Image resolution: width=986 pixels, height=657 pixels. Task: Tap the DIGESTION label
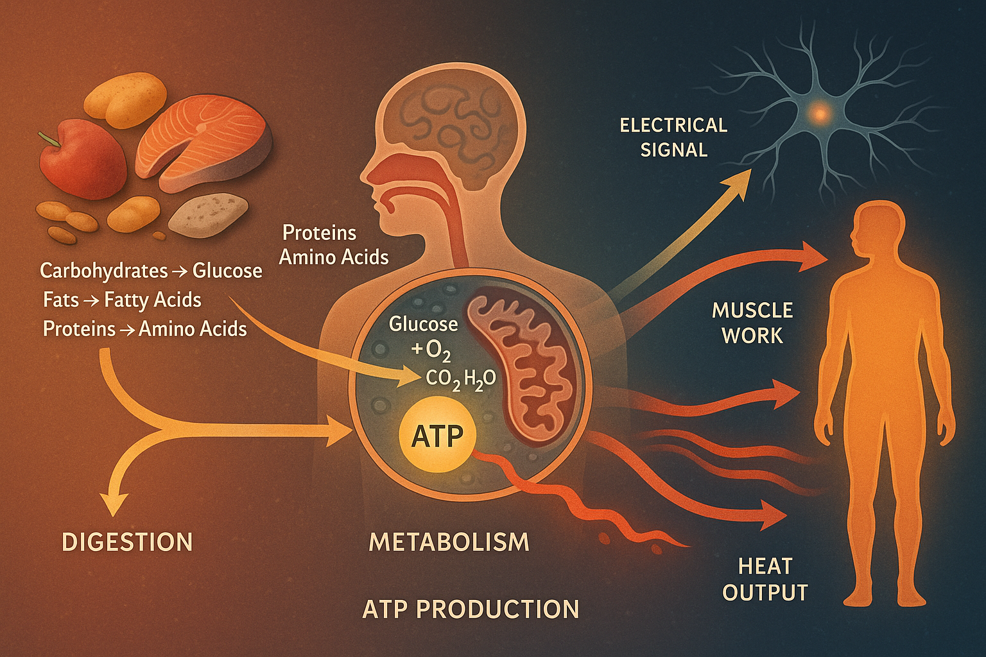tap(127, 542)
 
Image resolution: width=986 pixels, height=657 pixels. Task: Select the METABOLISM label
tap(449, 542)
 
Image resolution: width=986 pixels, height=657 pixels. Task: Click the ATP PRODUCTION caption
tap(471, 609)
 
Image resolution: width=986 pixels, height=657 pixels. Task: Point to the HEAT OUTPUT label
tap(765, 579)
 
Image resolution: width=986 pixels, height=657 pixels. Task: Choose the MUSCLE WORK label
tap(752, 323)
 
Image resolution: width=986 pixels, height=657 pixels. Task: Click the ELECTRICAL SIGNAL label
tap(673, 137)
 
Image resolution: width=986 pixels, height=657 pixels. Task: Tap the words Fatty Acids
tap(153, 300)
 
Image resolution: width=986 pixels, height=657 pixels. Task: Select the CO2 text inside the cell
tap(443, 379)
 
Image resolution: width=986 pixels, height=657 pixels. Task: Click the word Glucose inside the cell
tap(424, 324)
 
